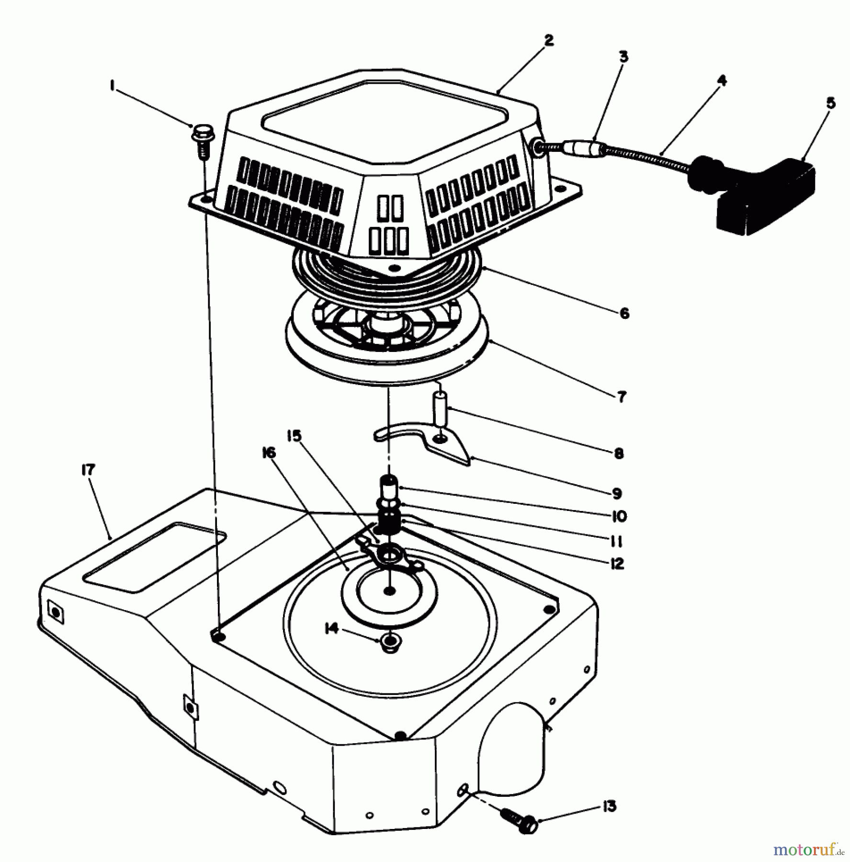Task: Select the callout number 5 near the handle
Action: [x=831, y=103]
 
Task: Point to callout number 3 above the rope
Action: [x=623, y=57]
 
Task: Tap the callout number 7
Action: [x=621, y=397]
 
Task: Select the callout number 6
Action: [x=624, y=314]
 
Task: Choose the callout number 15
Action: [x=294, y=436]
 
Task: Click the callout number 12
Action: [x=617, y=564]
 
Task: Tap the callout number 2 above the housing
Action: [x=549, y=40]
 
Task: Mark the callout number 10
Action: [x=619, y=516]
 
